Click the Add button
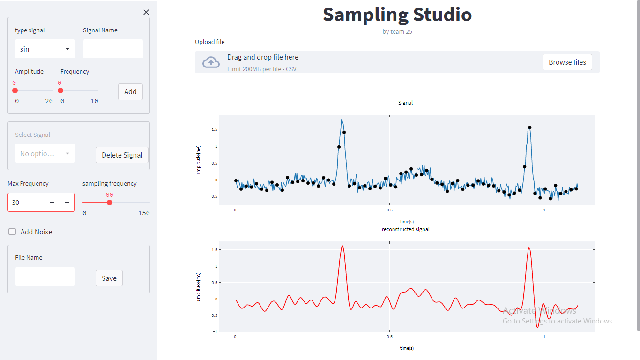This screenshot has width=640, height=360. [130, 92]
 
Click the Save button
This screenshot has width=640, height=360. [109, 278]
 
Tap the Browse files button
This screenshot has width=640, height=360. [567, 62]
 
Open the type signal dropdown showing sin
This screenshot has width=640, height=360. [45, 49]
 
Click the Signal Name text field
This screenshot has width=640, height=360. [113, 49]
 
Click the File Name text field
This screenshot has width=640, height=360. [45, 277]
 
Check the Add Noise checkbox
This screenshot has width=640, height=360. [13, 232]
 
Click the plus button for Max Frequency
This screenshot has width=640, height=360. [67, 202]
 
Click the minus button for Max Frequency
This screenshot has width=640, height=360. [52, 202]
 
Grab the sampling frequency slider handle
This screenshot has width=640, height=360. [109, 202]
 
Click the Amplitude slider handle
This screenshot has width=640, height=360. [15, 90]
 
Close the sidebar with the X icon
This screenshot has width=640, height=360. [146, 12]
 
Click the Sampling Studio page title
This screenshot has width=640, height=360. [397, 15]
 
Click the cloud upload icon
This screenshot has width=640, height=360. [211, 62]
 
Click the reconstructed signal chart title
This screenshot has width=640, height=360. [406, 229]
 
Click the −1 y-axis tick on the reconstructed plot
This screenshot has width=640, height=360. [215, 332]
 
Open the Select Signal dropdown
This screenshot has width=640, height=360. [45, 154]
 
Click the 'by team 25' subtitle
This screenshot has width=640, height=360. [397, 32]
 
